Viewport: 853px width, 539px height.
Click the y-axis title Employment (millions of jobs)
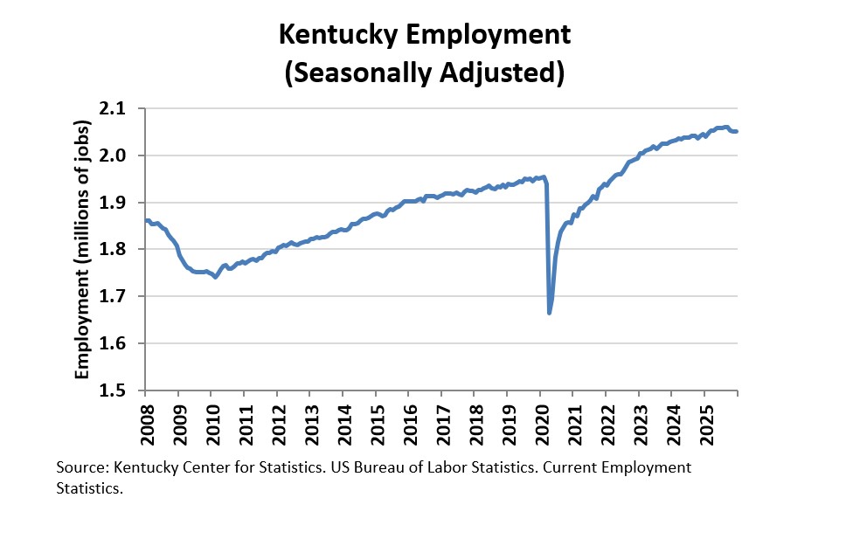(x=82, y=250)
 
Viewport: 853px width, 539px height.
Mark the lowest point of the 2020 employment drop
(x=549, y=312)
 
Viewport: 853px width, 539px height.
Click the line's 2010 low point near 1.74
(x=215, y=277)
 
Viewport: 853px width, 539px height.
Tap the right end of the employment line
(x=737, y=132)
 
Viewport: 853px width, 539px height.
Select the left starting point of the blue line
(x=147, y=220)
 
